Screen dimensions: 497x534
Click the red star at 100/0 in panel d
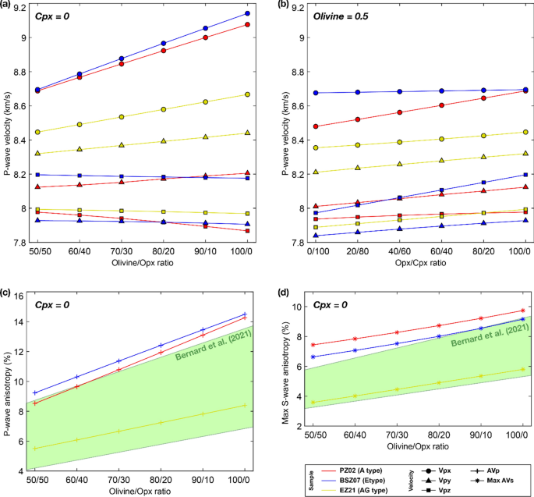[x=522, y=311]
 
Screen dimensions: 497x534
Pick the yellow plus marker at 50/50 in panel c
[x=35, y=448]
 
